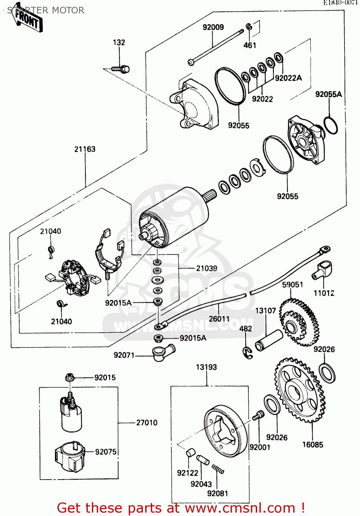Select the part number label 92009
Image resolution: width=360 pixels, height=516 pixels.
(x=213, y=27)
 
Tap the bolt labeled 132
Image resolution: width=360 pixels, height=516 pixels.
(x=121, y=69)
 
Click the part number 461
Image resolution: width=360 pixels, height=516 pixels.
(x=250, y=45)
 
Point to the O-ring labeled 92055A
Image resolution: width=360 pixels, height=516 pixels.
(x=330, y=126)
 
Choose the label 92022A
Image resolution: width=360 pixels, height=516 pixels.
(x=288, y=78)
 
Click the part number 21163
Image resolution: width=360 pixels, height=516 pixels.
(x=85, y=149)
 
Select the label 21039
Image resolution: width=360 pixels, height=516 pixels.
(x=207, y=268)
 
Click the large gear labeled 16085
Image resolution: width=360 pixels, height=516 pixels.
(x=300, y=390)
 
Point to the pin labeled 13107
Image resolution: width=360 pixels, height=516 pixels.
(x=269, y=340)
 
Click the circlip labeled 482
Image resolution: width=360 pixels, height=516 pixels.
(x=247, y=353)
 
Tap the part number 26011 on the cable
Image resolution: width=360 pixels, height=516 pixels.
(x=219, y=319)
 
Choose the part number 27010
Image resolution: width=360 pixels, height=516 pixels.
(x=147, y=423)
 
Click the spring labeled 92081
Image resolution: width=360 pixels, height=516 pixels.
(x=218, y=469)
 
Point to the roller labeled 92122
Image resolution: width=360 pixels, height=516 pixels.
(x=190, y=453)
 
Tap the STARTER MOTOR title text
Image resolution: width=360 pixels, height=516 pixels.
(x=46, y=10)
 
